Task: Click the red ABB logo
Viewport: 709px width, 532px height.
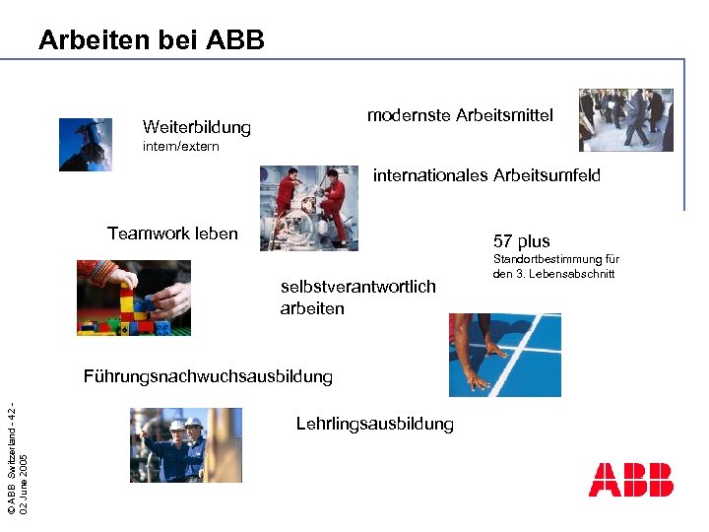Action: click(630, 480)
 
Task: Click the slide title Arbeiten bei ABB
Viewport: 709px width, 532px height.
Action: click(151, 40)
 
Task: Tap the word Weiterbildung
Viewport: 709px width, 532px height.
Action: click(196, 127)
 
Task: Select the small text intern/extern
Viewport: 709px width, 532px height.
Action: click(181, 147)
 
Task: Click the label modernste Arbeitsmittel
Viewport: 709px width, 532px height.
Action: click(460, 115)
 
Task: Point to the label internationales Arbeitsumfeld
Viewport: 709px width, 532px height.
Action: click(485, 176)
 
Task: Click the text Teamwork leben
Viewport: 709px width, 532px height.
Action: click(172, 233)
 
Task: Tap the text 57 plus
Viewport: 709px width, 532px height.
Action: click(521, 241)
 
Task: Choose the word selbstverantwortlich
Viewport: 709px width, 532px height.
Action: click(357, 287)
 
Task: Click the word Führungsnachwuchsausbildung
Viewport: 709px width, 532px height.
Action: click(208, 376)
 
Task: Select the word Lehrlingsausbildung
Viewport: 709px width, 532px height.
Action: click(374, 425)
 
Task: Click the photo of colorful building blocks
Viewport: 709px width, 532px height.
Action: click(134, 298)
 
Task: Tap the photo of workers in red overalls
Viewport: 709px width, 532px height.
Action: click(309, 208)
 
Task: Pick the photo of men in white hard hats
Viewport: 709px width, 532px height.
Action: click(185, 445)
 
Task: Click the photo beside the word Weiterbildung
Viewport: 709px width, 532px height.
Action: click(86, 145)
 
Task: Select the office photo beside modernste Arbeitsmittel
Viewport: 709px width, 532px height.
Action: click(626, 119)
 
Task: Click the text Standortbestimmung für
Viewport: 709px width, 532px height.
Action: click(555, 259)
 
